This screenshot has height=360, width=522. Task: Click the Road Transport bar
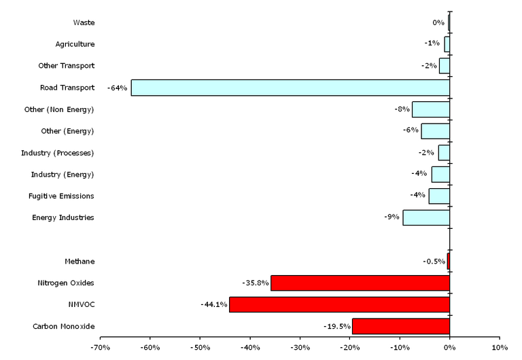[290, 88]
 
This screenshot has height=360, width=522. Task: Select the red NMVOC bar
[339, 304]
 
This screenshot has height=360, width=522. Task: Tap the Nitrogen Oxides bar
[360, 283]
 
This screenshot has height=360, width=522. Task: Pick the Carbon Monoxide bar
[400, 326]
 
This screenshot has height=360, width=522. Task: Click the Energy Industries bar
[426, 217]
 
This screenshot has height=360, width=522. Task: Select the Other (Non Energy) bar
[430, 109]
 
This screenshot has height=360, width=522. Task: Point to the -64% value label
[117, 88]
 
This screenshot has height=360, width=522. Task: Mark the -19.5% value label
[336, 326]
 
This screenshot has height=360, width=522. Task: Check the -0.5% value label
[434, 262]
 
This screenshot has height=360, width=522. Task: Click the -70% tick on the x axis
[100, 347]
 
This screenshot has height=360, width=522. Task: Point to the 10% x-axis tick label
[500, 347]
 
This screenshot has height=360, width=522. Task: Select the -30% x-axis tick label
[300, 347]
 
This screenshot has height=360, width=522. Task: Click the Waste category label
[84, 22]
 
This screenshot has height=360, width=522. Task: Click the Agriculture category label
[75, 44]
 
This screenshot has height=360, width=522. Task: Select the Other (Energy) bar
[435, 131]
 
